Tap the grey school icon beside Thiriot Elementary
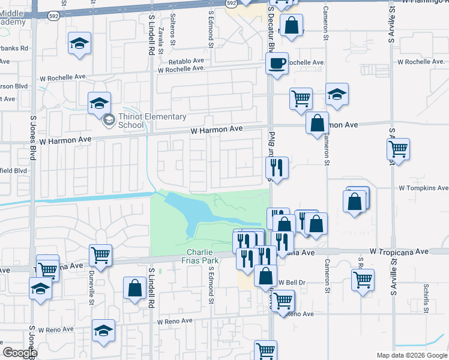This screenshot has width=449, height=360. [x=109, y=120]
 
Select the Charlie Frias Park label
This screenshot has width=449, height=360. [x=202, y=256]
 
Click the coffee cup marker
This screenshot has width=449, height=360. [x=277, y=64]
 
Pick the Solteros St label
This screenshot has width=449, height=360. [x=173, y=37]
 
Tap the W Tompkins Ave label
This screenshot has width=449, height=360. [x=423, y=188]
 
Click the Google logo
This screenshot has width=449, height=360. [x=19, y=352]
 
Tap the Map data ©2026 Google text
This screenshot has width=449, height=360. [x=411, y=355]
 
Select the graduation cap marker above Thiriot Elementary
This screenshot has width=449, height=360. [x=100, y=103]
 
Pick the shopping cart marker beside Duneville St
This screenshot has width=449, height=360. [x=100, y=255]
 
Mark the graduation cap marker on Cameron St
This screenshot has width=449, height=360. [x=337, y=94]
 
